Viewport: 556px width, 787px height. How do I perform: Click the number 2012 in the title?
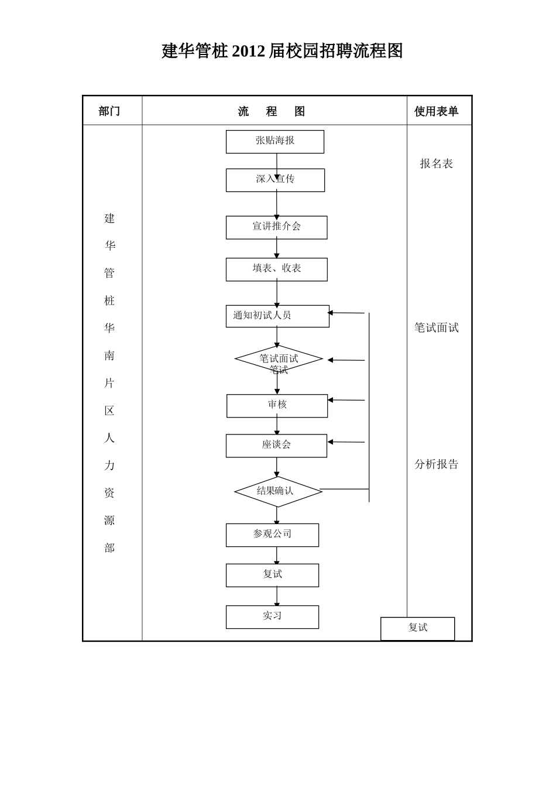pyautogui.click(x=248, y=52)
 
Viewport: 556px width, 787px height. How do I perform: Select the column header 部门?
pyautogui.click(x=109, y=111)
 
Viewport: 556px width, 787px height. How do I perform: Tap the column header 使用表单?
pyautogui.click(x=436, y=111)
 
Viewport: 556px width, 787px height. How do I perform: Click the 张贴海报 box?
pyautogui.click(x=274, y=142)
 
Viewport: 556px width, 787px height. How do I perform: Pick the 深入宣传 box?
pyautogui.click(x=275, y=180)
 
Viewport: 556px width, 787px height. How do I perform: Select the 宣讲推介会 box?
pyautogui.click(x=276, y=227)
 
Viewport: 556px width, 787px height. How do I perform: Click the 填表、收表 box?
pyautogui.click(x=276, y=269)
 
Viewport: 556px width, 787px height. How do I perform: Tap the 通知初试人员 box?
pyautogui.click(x=277, y=316)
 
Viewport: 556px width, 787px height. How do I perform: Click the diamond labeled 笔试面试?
pyautogui.click(x=279, y=359)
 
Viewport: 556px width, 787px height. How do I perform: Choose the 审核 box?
pyautogui.click(x=277, y=406)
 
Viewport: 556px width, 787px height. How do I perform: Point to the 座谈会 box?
pyautogui.click(x=276, y=446)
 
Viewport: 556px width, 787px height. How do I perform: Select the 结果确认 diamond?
pyautogui.click(x=278, y=491)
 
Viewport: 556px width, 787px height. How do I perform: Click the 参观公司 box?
pyautogui.click(x=272, y=535)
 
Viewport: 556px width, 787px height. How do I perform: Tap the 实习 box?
pyautogui.click(x=272, y=617)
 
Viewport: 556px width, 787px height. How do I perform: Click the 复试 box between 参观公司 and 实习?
pyautogui.click(x=272, y=575)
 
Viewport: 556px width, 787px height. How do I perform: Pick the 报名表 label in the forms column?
pyautogui.click(x=436, y=164)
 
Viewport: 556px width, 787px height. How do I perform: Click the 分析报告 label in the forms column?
pyautogui.click(x=436, y=464)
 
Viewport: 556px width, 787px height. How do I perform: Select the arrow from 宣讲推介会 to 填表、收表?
pyautogui.click(x=277, y=248)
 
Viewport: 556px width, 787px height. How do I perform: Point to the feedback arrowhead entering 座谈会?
pyautogui.click(x=331, y=442)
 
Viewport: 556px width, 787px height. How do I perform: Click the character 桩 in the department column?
pyautogui.click(x=109, y=301)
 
